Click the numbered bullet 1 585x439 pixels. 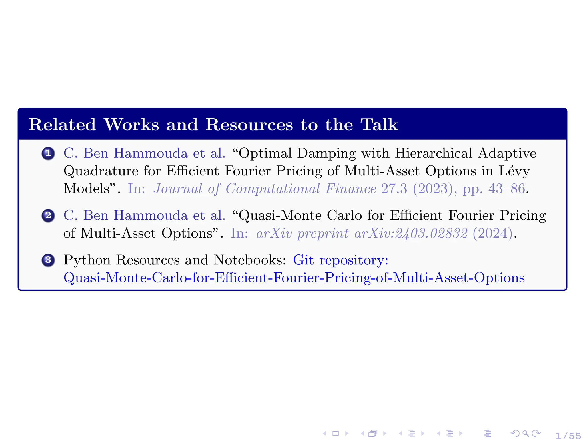tap(48, 153)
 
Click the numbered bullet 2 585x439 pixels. tap(48, 215)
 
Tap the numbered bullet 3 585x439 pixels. tap(48, 260)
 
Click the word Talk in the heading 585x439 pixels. tap(379, 125)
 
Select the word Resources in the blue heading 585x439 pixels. tap(249, 125)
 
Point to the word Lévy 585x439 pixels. tap(514, 171)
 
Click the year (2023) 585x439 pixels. tap(433, 189)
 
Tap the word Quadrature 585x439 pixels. tap(101, 171)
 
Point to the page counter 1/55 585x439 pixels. tap(568, 435)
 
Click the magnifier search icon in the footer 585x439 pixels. tap(525, 434)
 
